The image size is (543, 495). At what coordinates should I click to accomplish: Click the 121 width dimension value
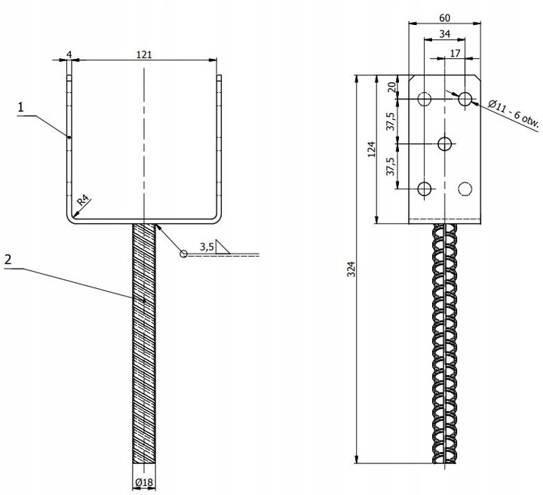[x=144, y=54]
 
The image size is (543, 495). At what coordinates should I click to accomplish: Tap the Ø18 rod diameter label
[x=144, y=482]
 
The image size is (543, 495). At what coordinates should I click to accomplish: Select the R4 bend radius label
[x=83, y=201]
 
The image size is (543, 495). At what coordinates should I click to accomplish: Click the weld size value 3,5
[x=207, y=247]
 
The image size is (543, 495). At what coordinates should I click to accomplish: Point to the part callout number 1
[x=21, y=107]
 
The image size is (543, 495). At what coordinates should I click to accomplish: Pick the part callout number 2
[x=8, y=260]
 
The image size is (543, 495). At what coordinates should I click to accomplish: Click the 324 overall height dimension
[x=351, y=269]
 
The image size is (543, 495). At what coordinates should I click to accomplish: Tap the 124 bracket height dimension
[x=372, y=149]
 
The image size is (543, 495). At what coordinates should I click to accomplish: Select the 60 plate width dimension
[x=445, y=17]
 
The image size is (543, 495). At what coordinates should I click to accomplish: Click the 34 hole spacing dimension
[x=445, y=34]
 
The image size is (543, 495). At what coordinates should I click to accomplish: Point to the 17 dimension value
[x=455, y=54]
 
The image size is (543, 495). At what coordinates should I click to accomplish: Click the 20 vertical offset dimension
[x=391, y=87]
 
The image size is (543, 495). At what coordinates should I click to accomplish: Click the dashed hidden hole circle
[x=465, y=189]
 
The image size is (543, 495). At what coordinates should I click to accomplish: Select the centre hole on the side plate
[x=445, y=144]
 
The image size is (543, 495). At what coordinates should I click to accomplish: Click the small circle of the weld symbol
[x=183, y=254]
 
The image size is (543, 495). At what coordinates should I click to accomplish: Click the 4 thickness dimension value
[x=69, y=55]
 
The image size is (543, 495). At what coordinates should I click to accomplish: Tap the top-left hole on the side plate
[x=424, y=99]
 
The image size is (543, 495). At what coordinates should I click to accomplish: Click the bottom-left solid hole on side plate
[x=424, y=189]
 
